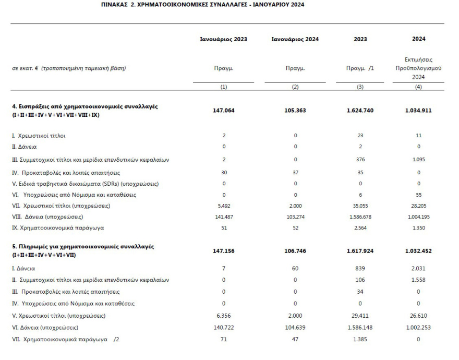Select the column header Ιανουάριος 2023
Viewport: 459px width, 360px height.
[224, 39]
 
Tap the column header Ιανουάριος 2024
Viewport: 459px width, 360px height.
[295, 39]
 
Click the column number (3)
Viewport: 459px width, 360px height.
[359, 87]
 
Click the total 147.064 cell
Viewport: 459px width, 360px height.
[224, 110]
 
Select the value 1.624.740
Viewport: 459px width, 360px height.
[359, 110]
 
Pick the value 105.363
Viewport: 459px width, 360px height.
[295, 110]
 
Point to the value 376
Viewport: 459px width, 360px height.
[359, 160]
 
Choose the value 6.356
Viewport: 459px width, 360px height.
[224, 317]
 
